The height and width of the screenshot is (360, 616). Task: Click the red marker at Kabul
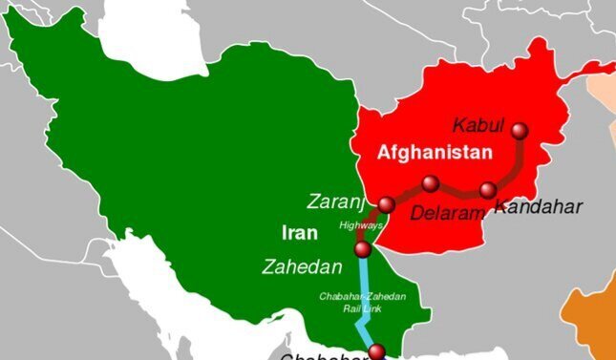click(x=520, y=131)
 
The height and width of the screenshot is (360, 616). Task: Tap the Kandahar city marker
click(x=488, y=189)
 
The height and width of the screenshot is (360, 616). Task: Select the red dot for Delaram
click(x=431, y=183)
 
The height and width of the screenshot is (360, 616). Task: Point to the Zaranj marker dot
click(x=386, y=204)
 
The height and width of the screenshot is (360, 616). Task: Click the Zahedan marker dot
click(x=362, y=250)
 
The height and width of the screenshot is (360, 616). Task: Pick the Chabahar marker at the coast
click(x=376, y=350)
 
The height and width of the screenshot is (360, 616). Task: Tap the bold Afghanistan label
click(x=435, y=153)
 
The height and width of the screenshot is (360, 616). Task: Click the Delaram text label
click(x=448, y=213)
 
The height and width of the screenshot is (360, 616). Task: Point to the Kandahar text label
click(x=538, y=207)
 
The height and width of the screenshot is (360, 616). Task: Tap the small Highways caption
click(x=361, y=225)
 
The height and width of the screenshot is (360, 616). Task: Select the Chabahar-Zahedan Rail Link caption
click(x=363, y=301)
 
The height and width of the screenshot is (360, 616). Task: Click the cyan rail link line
click(x=364, y=286)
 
